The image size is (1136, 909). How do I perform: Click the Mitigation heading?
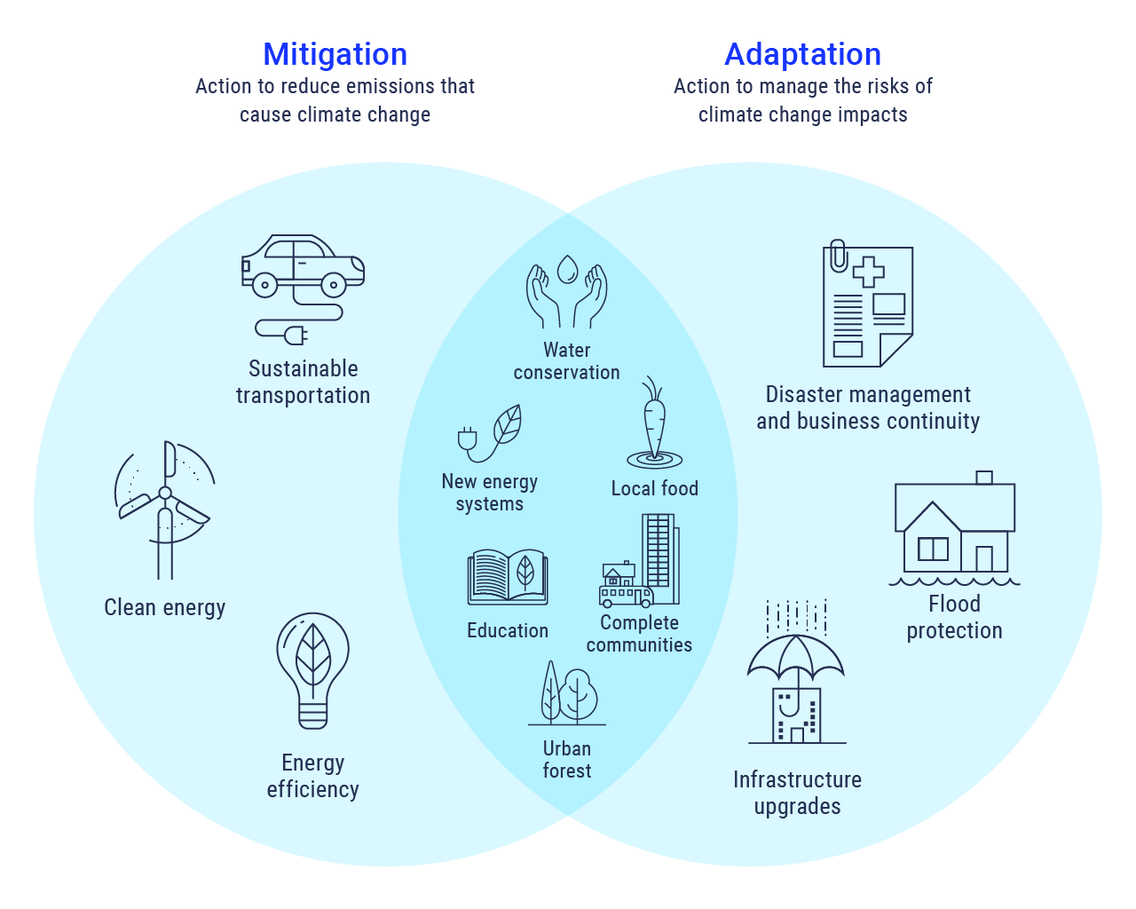[x=335, y=55]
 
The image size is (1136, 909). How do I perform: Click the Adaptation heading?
[x=802, y=55]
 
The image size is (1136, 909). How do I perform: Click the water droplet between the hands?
[x=567, y=268]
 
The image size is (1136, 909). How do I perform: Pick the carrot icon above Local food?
[x=654, y=423]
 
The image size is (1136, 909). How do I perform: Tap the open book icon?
[x=508, y=577]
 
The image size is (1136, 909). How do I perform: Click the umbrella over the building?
[x=795, y=655]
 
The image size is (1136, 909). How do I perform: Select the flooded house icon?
[x=955, y=530]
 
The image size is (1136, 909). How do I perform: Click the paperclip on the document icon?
[x=838, y=256]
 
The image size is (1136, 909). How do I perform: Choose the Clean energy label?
[x=165, y=608]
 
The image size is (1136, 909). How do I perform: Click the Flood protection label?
[x=954, y=617]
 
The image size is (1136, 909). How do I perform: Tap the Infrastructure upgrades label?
[x=797, y=793]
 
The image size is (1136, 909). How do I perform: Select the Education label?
[x=508, y=631]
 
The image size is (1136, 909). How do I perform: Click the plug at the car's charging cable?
[x=296, y=335]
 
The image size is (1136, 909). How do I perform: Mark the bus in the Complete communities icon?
[x=626, y=596]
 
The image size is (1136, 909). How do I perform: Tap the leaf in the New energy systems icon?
[x=508, y=424]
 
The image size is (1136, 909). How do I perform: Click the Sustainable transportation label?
[x=303, y=382]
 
